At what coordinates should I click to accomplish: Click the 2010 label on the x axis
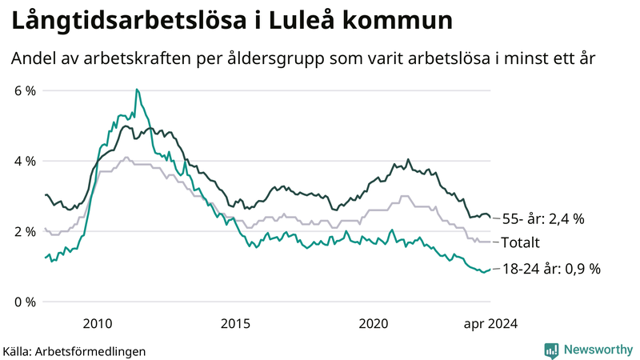coord(97,323)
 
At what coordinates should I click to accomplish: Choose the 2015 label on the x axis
coord(236,323)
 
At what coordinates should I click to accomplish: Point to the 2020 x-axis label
coord(374,323)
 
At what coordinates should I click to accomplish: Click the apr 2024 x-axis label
coord(490,323)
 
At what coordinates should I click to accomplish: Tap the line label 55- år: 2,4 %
coord(550,218)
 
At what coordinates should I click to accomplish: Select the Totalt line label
coord(521,242)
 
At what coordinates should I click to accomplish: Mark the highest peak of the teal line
coord(137,90)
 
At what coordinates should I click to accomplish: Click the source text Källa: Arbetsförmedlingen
coord(74,351)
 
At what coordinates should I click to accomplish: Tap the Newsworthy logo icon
coord(551,350)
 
